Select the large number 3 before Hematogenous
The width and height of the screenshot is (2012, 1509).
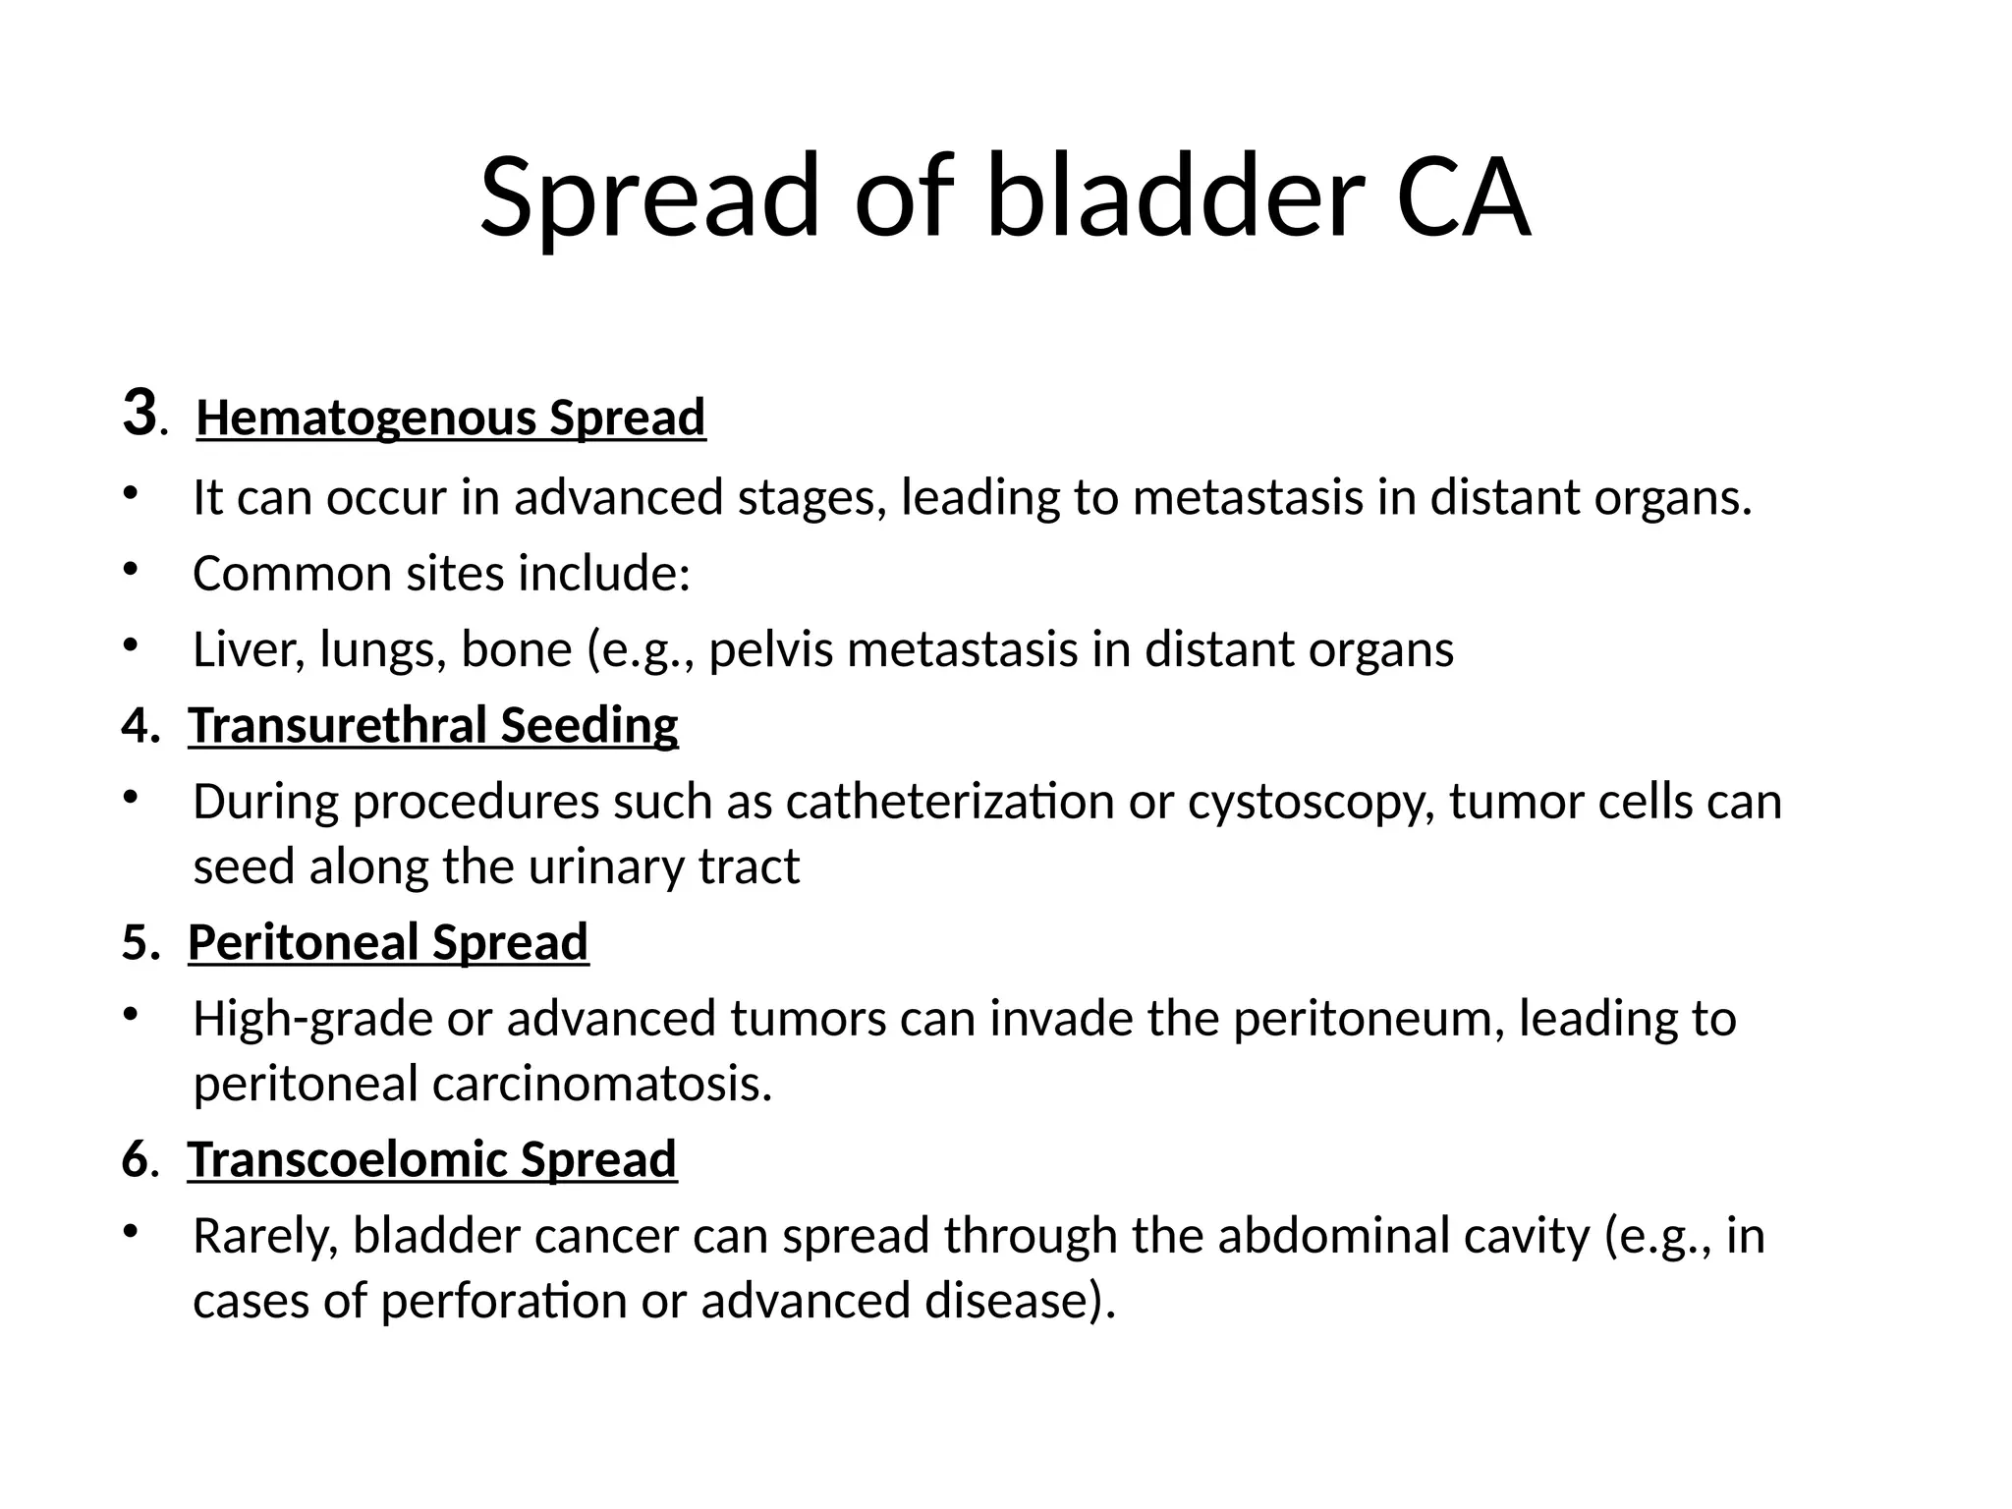click(140, 413)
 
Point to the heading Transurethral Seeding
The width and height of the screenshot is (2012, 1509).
click(432, 726)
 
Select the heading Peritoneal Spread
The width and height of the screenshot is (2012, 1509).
click(388, 943)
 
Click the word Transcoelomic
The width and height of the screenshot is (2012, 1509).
click(349, 1159)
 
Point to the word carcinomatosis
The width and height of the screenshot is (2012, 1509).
click(595, 1084)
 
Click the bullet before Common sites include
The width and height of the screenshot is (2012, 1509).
click(128, 569)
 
